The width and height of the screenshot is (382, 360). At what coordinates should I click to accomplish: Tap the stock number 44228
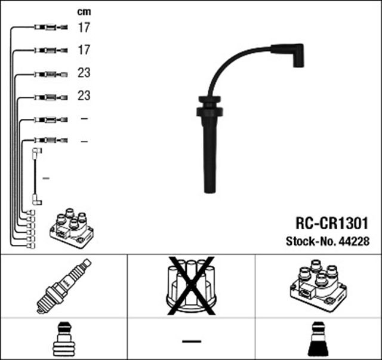coord(355,241)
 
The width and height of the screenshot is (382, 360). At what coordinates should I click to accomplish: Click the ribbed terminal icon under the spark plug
coord(63,340)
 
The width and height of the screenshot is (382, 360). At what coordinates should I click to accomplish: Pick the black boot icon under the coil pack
coord(318,340)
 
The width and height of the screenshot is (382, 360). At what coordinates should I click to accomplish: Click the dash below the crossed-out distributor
coord(192,341)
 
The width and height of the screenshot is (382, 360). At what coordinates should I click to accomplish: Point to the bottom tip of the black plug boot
coord(209,190)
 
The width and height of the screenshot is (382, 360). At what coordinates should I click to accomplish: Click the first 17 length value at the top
coord(84,27)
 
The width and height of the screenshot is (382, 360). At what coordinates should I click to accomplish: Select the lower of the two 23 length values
coord(84,96)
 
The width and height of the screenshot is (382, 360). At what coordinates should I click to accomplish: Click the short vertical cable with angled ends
coord(37,178)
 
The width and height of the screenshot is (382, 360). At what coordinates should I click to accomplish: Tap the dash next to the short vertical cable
coord(47,178)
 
